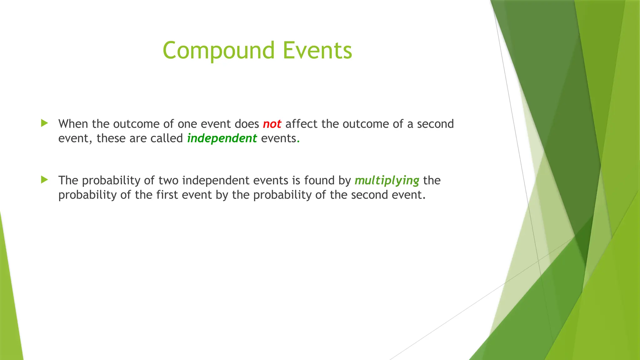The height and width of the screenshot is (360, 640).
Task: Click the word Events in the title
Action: coord(317,51)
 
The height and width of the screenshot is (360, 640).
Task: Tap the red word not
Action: coord(272,124)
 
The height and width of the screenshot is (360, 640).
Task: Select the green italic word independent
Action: coord(222,138)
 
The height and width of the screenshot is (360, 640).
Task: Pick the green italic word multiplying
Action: coord(387,181)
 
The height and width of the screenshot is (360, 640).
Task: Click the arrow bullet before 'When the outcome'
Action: coord(44,123)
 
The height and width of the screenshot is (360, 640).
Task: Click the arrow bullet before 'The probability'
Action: coord(44,180)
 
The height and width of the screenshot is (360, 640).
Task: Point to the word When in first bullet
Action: coord(73,124)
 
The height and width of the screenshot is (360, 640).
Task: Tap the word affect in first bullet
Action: coord(301,124)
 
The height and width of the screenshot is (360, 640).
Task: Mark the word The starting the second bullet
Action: coord(68,181)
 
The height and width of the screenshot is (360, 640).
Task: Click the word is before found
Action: coord(296,181)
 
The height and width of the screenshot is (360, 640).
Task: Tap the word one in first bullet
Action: coord(187,124)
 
